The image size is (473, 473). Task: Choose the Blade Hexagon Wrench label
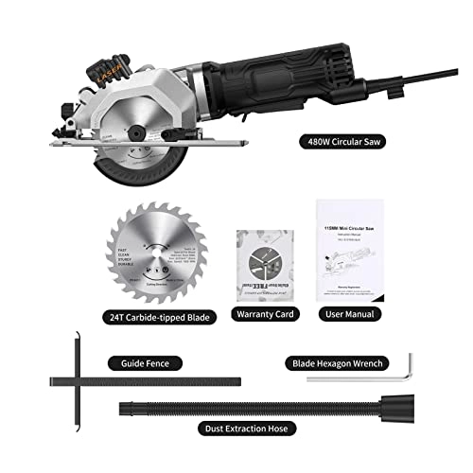[344, 362]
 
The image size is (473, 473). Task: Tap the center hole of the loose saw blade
[153, 255]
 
